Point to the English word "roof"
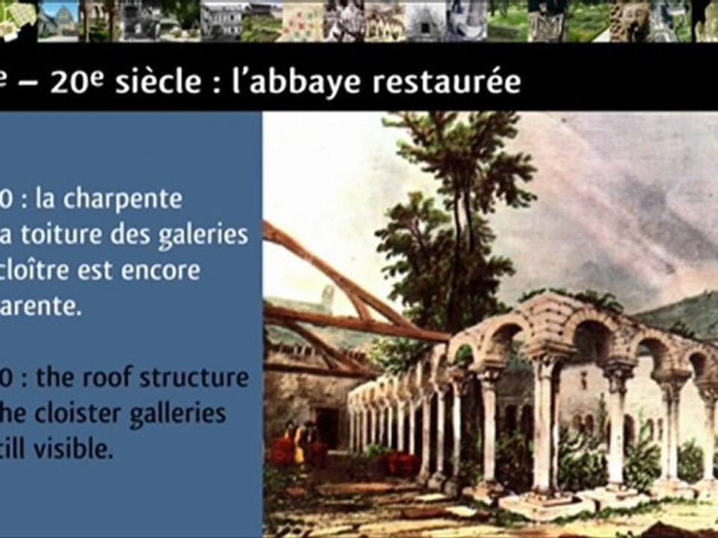coord(123,377)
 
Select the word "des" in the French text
coord(128,235)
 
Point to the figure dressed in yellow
coord(300,441)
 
